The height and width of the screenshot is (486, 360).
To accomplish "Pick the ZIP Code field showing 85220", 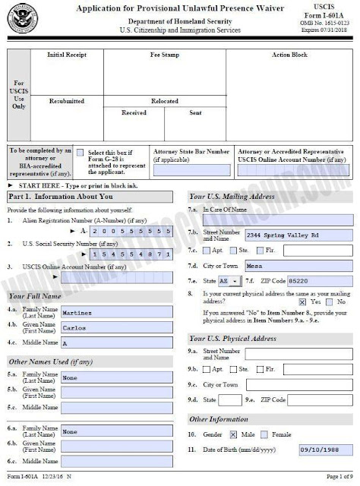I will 324,281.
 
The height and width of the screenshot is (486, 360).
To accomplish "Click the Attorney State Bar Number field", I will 191,171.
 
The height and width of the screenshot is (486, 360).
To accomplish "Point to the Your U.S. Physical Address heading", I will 232,337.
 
